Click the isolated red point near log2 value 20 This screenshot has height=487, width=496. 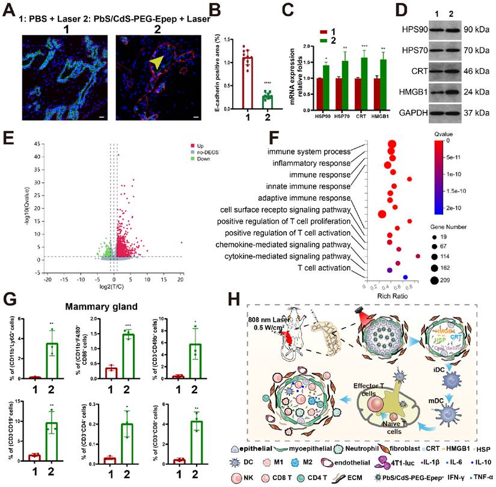(182, 243)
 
